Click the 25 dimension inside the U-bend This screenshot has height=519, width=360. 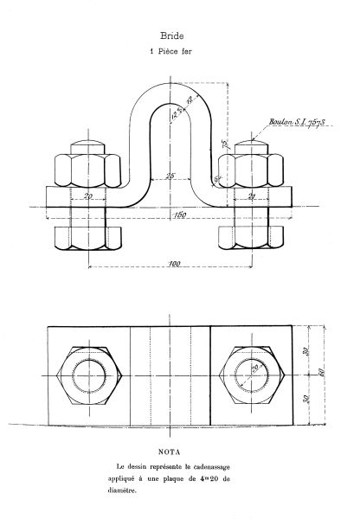[x=170, y=176]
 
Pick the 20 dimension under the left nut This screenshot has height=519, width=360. [x=88, y=197]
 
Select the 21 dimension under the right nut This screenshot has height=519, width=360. [x=252, y=197]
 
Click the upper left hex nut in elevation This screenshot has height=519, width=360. [x=87, y=170]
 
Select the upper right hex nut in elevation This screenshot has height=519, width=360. [x=251, y=170]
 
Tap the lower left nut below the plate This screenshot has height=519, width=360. [x=87, y=236]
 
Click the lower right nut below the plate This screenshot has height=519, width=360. [x=251, y=236]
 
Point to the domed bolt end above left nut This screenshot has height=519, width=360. [x=87, y=143]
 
